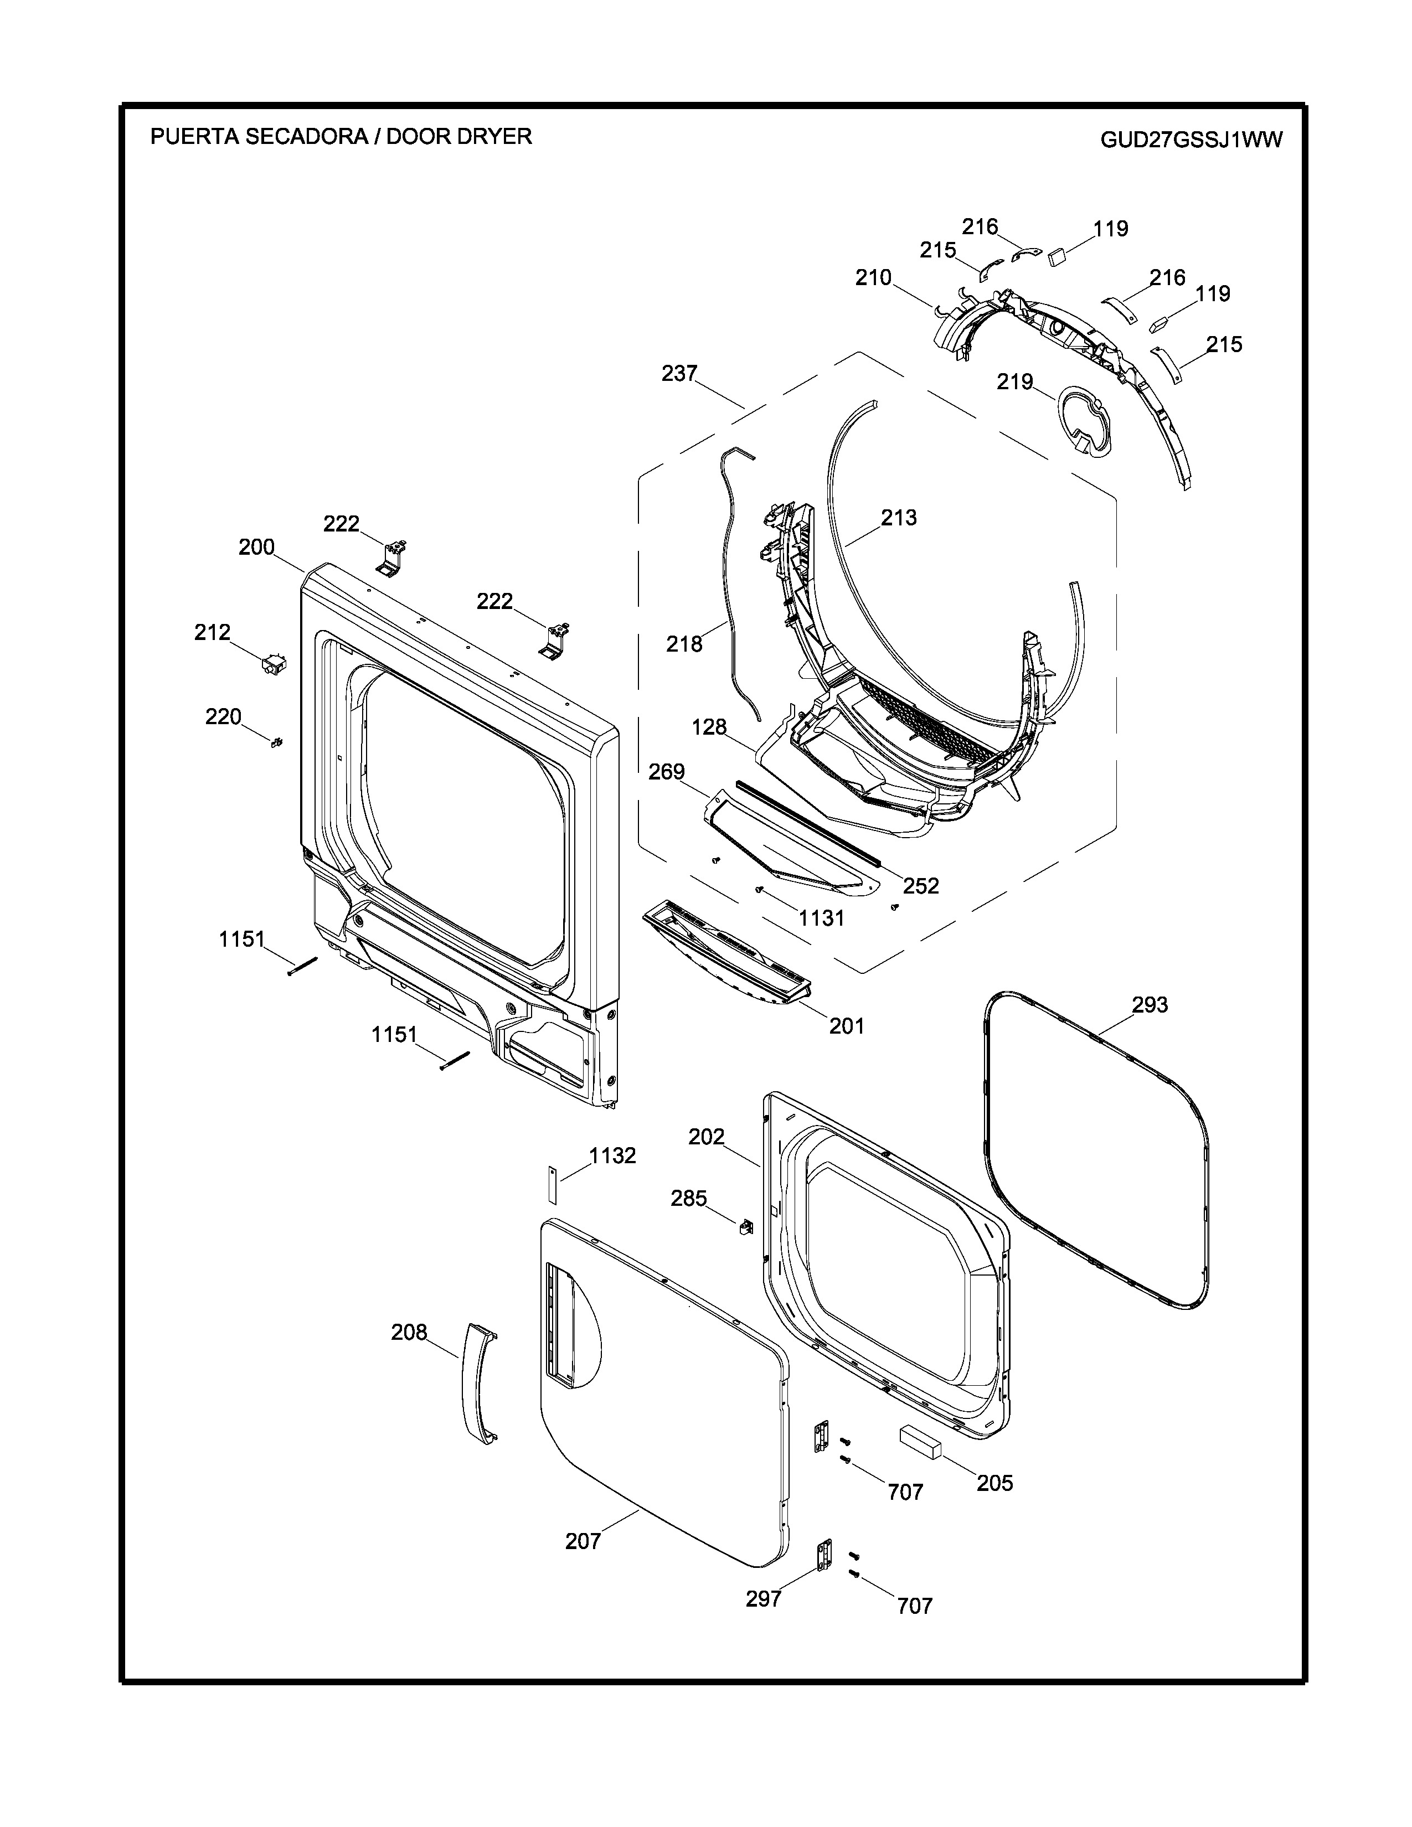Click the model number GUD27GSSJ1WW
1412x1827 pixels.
pyautogui.click(x=1191, y=139)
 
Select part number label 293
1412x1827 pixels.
pyautogui.click(x=1150, y=1005)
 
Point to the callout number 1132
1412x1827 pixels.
pyautogui.click(x=612, y=1155)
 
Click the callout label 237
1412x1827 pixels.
pyautogui.click(x=679, y=373)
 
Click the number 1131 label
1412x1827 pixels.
pyautogui.click(x=821, y=918)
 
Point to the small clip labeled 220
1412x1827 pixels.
pyautogui.click(x=277, y=744)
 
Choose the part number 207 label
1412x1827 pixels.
pyautogui.click(x=583, y=1540)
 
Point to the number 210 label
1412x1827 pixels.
pyautogui.click(x=873, y=278)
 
